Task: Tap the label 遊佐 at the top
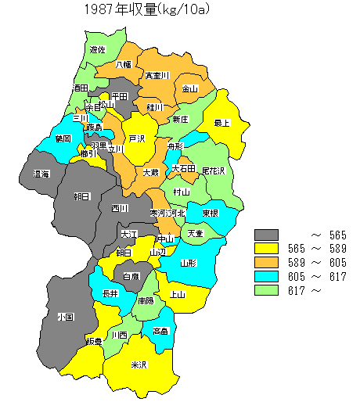pyautogui.click(x=98, y=49)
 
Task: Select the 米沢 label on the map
pyautogui.click(x=139, y=365)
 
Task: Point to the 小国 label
pyautogui.click(x=65, y=317)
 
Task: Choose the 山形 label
pyautogui.click(x=188, y=263)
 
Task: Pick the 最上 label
pyautogui.click(x=222, y=123)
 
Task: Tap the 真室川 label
pyautogui.click(x=157, y=76)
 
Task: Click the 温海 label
pyautogui.click(x=41, y=174)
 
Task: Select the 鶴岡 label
pyautogui.click(x=63, y=138)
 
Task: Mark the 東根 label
pyautogui.click(x=209, y=213)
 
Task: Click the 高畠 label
pyautogui.click(x=160, y=331)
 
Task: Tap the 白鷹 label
pyautogui.click(x=130, y=276)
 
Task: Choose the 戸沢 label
pyautogui.click(x=137, y=138)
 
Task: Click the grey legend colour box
pyautogui.click(x=267, y=235)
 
